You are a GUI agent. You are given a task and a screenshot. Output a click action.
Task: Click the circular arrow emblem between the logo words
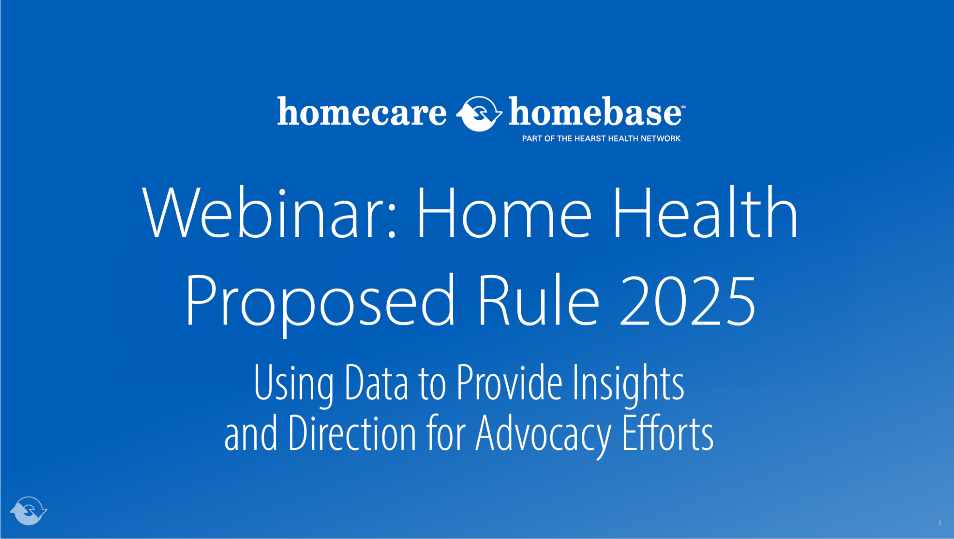(478, 113)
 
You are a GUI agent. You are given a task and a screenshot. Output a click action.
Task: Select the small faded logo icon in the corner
(28, 511)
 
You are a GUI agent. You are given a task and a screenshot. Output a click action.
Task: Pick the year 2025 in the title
(687, 301)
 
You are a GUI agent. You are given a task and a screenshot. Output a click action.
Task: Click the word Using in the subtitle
(294, 383)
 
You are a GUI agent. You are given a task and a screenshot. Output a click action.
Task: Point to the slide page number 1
(940, 523)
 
